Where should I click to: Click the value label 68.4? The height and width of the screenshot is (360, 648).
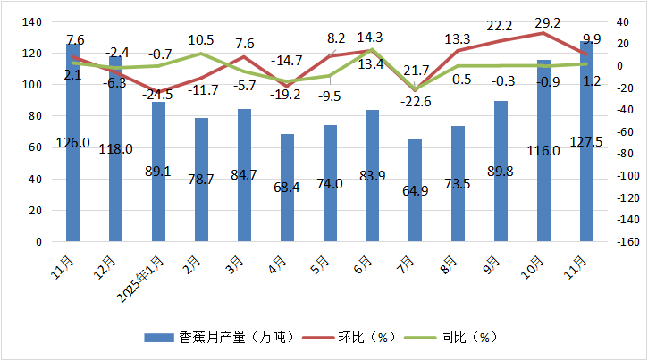pos(287,184)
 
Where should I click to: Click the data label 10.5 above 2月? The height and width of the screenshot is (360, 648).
pos(201,39)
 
